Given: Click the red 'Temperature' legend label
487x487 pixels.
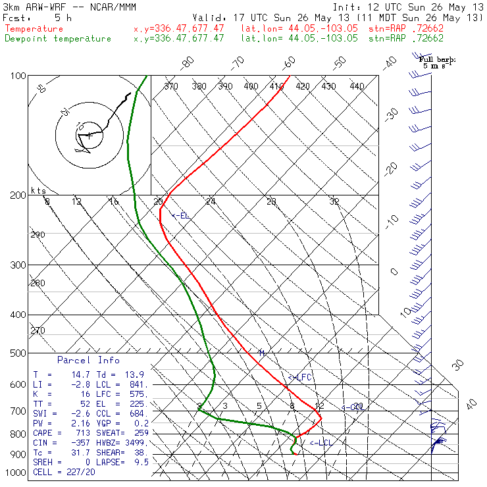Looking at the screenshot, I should (34, 29).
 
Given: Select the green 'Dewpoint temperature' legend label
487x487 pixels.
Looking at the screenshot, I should (58, 39).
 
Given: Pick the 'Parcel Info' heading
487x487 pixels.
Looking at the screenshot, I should (88, 360).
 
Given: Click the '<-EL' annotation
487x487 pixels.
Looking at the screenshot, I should (180, 215).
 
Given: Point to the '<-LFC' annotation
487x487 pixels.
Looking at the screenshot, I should (299, 377).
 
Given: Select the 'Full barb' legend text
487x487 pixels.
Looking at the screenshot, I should (438, 59).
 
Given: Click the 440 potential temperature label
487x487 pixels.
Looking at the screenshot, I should (357, 86).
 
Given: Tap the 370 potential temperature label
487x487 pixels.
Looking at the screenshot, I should (171, 86).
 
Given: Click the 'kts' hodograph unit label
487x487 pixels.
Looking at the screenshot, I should (38, 190).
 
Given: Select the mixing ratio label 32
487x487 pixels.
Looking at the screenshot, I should (334, 201).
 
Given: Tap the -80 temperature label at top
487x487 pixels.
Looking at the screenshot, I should (188, 63).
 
